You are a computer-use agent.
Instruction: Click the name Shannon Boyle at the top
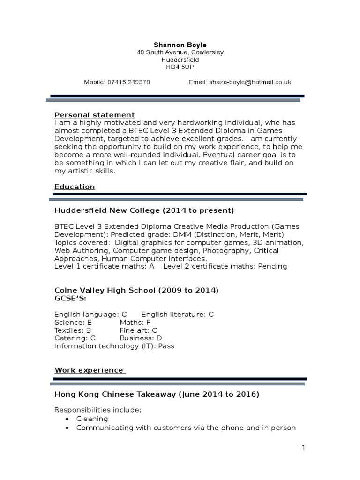(x=180, y=45)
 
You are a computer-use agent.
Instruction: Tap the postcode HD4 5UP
(x=180, y=67)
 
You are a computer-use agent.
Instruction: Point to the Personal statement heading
(x=95, y=115)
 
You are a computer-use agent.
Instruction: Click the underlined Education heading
(x=75, y=187)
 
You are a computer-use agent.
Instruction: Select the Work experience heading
(x=90, y=370)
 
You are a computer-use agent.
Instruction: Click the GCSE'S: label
(x=70, y=298)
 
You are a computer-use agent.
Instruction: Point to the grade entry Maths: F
(x=135, y=322)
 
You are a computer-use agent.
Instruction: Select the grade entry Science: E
(x=73, y=322)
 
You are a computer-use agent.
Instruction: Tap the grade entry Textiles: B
(x=73, y=330)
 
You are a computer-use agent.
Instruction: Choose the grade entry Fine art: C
(x=138, y=330)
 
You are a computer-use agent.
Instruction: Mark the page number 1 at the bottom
(x=304, y=448)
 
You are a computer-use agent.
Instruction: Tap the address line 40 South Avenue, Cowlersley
(x=180, y=52)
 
